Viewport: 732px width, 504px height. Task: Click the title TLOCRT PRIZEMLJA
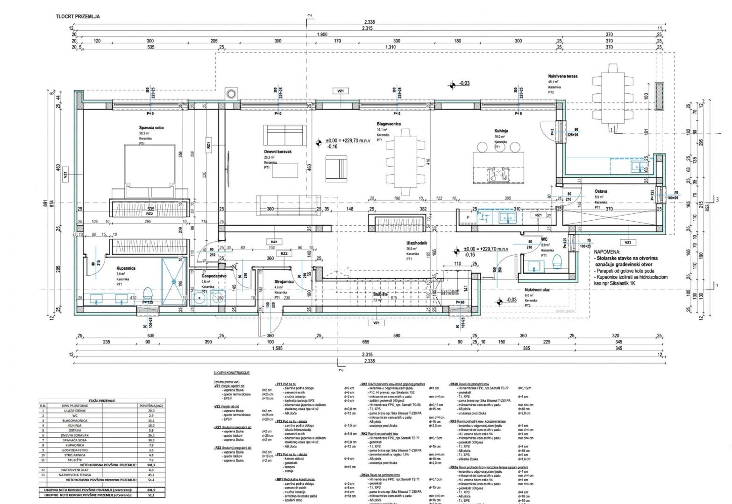point(78,16)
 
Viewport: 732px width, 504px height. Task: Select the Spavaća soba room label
point(151,127)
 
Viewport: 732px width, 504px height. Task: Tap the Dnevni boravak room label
point(277,152)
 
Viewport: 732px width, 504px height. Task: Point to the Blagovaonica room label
point(389,124)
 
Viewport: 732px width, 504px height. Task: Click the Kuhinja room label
point(501,131)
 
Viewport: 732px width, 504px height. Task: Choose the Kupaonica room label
point(126,268)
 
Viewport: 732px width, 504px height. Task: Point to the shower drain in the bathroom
point(174,282)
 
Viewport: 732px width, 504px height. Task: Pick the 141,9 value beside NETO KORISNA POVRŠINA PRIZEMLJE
point(151,465)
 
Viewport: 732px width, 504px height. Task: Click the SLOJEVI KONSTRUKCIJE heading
point(232,373)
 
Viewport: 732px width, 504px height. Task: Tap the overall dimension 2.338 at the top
point(369,22)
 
